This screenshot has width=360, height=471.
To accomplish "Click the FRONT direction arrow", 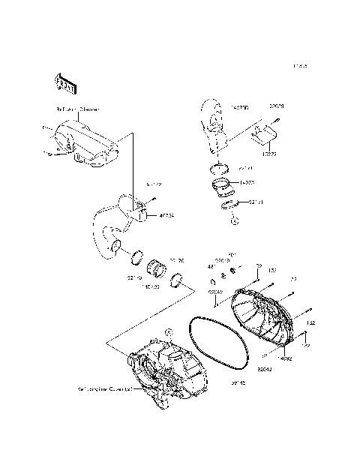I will [x=64, y=85].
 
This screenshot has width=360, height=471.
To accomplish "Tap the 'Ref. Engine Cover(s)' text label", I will [x=104, y=389].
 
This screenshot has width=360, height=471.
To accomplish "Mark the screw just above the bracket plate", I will [x=277, y=120].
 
